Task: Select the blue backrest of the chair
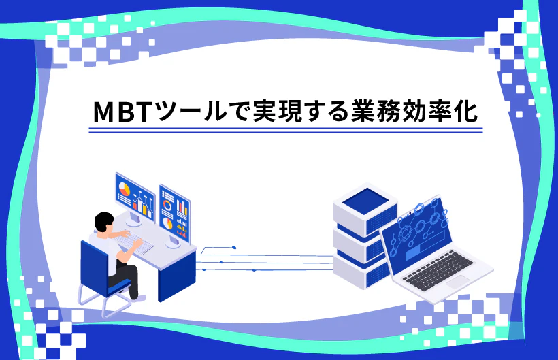95,259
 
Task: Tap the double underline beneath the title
286,130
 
